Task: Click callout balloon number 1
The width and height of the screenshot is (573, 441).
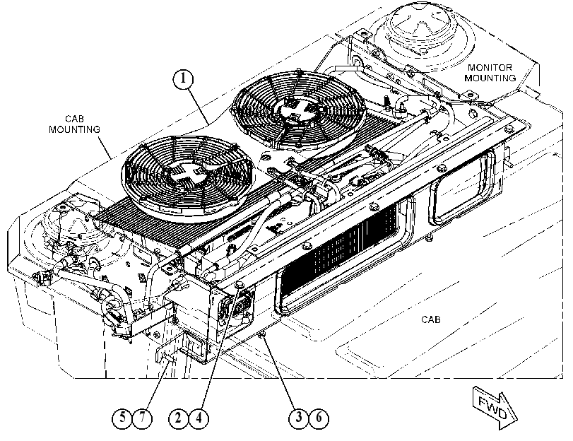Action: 183,79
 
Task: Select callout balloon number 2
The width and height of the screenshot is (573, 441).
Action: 179,418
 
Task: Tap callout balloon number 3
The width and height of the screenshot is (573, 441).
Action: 299,417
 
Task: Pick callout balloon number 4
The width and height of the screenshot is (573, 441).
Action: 199,418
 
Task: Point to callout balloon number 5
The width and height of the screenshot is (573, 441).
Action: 122,418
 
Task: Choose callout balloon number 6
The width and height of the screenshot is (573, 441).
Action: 319,417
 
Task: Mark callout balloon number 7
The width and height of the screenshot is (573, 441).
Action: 142,418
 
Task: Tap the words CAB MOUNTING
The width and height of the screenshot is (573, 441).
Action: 75,124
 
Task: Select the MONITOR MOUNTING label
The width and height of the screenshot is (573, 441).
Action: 490,73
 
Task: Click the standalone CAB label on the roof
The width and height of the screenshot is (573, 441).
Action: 431,319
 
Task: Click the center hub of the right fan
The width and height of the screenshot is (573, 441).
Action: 299,109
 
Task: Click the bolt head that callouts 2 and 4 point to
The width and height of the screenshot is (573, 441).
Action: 240,285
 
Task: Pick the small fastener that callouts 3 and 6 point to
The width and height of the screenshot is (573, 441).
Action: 261,334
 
